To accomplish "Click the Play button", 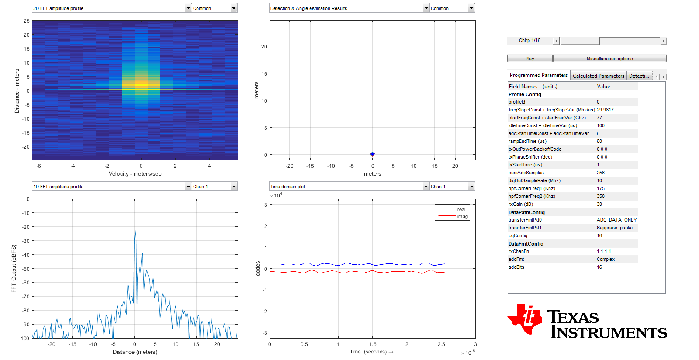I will pos(529,59).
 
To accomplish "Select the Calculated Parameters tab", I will pos(598,76).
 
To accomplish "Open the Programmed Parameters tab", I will pos(538,75).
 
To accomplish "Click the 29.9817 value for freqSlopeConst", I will pos(605,110).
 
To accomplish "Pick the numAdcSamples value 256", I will pos(601,173).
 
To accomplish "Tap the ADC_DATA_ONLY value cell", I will pos(616,220).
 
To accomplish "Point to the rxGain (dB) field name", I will pos(521,204).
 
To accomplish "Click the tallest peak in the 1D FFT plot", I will pos(135,230).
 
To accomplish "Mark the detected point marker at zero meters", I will pos(372,154).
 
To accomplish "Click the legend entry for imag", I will pos(462,216).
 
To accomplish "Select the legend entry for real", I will pos(461,209).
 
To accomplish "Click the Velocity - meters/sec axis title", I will pos(135,174).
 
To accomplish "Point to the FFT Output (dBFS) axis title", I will pos(14,268).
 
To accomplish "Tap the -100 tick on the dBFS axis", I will pos(24,339).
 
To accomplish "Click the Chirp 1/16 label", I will pos(529,41).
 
